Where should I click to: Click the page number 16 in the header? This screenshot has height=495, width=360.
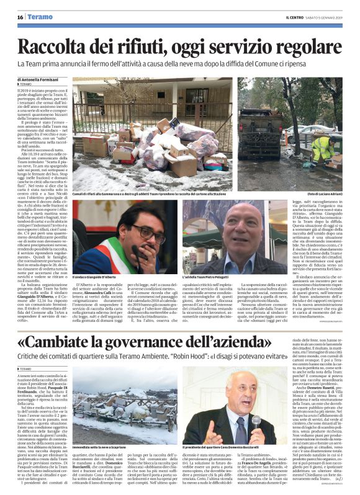pos(20,16)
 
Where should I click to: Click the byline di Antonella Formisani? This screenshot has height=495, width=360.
pos(43,80)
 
